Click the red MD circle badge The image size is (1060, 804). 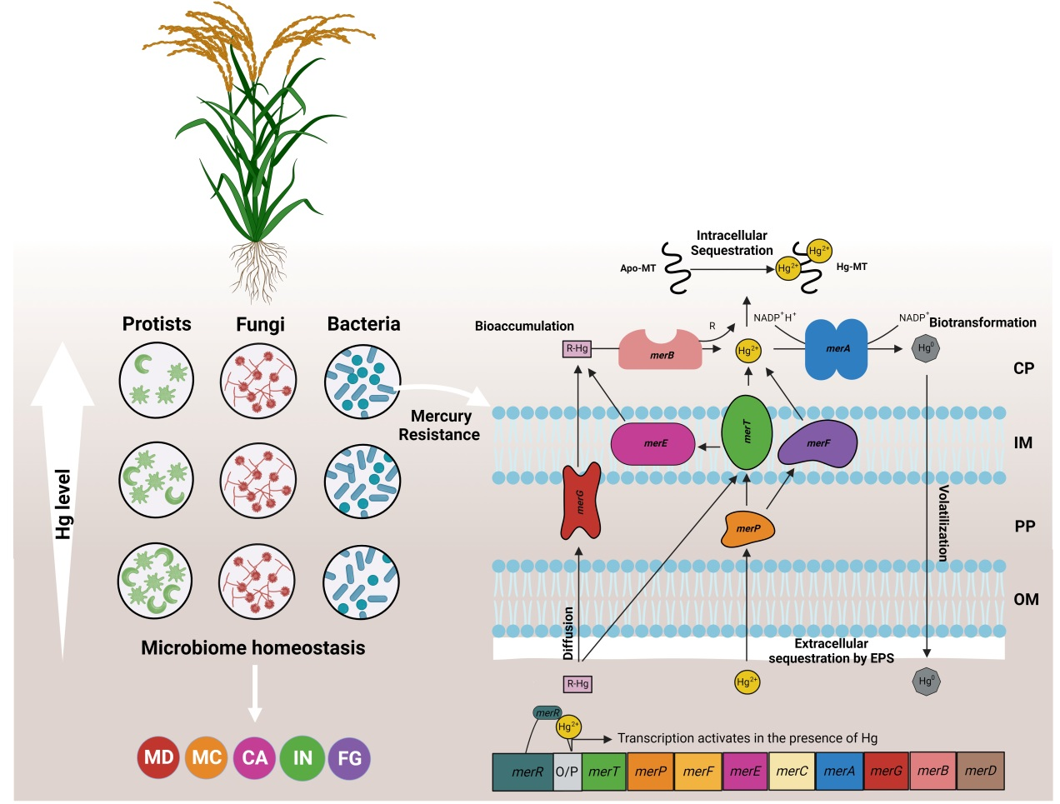pyautogui.click(x=158, y=758)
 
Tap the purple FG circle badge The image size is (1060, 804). pyautogui.click(x=350, y=758)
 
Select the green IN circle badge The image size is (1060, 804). pyautogui.click(x=302, y=758)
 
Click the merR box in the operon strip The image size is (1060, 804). pyautogui.click(x=522, y=772)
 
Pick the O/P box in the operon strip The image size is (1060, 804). pyautogui.click(x=567, y=772)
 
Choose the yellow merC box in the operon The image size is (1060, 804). pyautogui.click(x=792, y=772)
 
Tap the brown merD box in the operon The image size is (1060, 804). pyautogui.click(x=980, y=772)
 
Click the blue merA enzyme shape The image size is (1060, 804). pyautogui.click(x=837, y=349)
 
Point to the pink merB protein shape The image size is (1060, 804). pyautogui.click(x=660, y=350)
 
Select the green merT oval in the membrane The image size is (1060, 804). pyautogui.click(x=747, y=432)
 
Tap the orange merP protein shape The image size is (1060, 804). pyautogui.click(x=747, y=528)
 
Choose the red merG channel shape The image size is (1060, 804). pyautogui.click(x=581, y=501)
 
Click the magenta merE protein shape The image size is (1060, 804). pyautogui.click(x=653, y=443)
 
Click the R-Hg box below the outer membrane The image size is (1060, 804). pyautogui.click(x=577, y=684)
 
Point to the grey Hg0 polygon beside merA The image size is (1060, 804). pyautogui.click(x=926, y=348)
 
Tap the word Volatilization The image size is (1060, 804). pyautogui.click(x=943, y=523)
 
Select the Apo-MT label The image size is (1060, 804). pyautogui.click(x=637, y=268)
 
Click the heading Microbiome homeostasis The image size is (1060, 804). pyautogui.click(x=252, y=648)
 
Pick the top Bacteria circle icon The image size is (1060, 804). pyautogui.click(x=362, y=382)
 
